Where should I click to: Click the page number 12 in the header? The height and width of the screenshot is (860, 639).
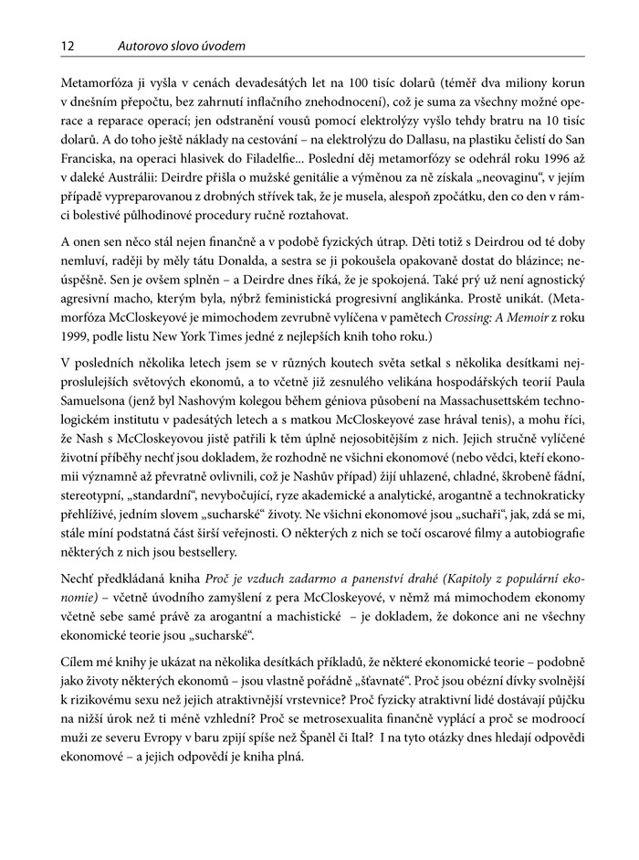tap(67, 43)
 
